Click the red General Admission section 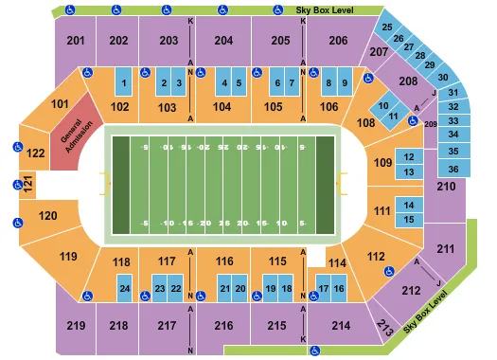(76, 134)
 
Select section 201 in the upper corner (77, 41)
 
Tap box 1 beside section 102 (124, 83)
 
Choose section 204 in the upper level (224, 41)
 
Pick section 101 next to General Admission (62, 103)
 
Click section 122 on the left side (35, 152)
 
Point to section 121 (28, 184)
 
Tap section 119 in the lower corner (67, 256)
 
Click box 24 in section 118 (124, 288)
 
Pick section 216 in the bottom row (224, 326)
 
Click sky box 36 (453, 169)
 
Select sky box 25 (388, 27)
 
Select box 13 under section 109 (408, 171)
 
